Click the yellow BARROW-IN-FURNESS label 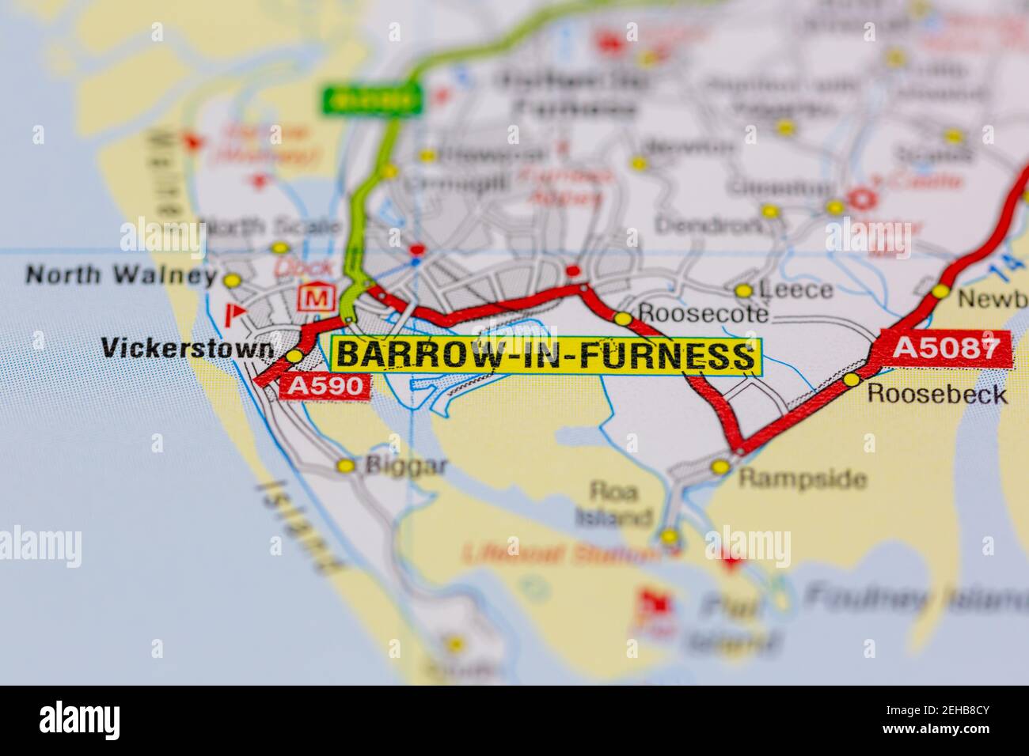[x=546, y=356]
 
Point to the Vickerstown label [x=188, y=347]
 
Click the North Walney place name [x=121, y=275]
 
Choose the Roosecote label [x=703, y=314]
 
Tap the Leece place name [x=795, y=290]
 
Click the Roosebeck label [x=937, y=394]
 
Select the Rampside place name [x=803, y=478]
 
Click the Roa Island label [x=613, y=505]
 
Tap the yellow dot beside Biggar [x=346, y=466]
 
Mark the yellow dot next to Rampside [x=720, y=467]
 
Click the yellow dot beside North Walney [x=231, y=280]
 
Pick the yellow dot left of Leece [x=742, y=291]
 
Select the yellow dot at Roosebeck [x=852, y=380]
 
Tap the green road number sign [x=372, y=100]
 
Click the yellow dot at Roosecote [x=623, y=319]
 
